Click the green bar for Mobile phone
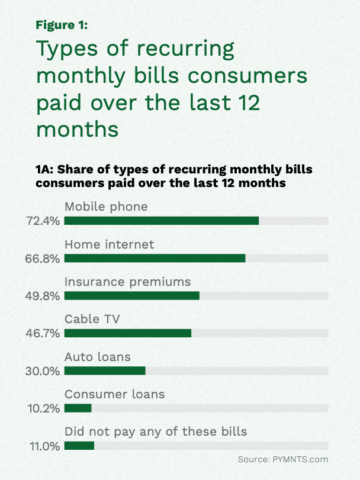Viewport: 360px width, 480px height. click(x=162, y=221)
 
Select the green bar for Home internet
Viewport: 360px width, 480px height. click(x=155, y=258)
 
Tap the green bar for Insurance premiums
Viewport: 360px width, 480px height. click(x=132, y=295)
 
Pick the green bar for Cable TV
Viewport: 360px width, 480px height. click(x=128, y=333)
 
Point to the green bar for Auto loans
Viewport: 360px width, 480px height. click(x=105, y=371)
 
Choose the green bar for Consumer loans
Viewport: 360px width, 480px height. click(x=78, y=408)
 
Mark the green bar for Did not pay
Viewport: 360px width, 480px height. click(x=79, y=445)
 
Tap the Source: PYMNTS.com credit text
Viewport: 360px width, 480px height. click(x=282, y=459)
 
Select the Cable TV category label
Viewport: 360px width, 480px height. click(x=92, y=320)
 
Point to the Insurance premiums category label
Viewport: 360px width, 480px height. click(x=128, y=282)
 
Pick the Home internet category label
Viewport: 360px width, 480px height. click(x=110, y=244)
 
